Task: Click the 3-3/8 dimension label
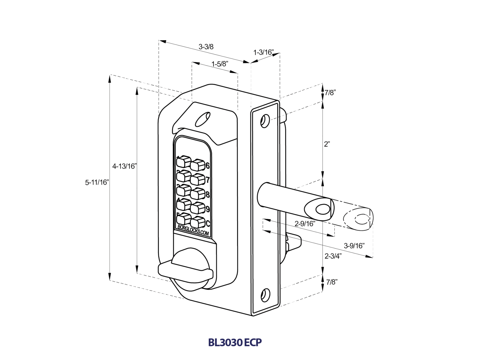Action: pos(206,47)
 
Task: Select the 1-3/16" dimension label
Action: pos(263,52)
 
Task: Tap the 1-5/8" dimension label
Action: pos(220,64)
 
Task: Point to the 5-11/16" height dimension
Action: pos(97,182)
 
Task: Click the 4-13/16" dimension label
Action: pos(125,166)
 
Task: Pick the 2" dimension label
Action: pos(327,144)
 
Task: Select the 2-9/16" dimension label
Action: pos(305,223)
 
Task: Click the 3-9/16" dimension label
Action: pos(354,246)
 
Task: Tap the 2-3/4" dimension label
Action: pos(333,256)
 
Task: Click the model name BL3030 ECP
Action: pos(235,342)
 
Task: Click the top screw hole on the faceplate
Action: pos(265,120)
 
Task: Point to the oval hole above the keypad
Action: pos(202,119)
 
